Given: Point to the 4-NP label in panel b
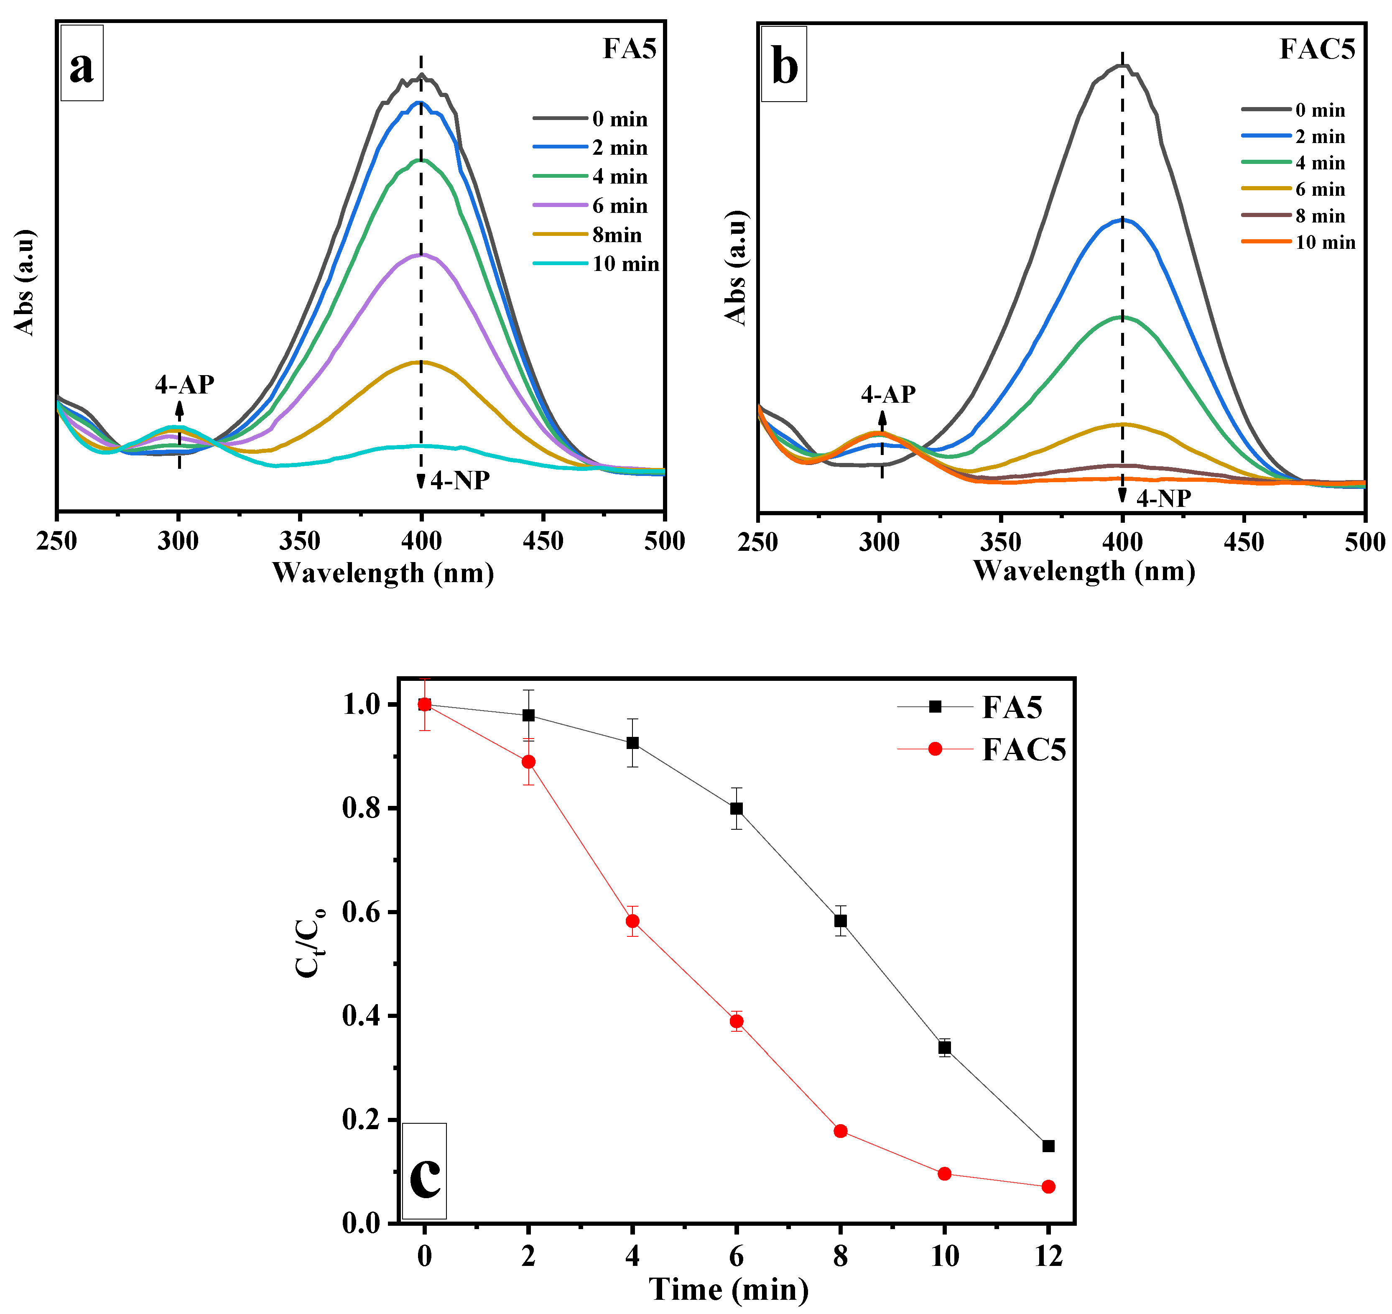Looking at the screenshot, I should point(1163,498).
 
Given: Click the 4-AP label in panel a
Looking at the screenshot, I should point(184,384).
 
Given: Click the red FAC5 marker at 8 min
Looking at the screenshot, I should point(840,1131).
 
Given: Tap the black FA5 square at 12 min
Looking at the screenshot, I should point(1048,1146).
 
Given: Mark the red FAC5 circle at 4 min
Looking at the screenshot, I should point(632,921).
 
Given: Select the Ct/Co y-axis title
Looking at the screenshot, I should point(309,942).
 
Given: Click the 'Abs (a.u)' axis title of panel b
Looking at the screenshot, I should point(736,268).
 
